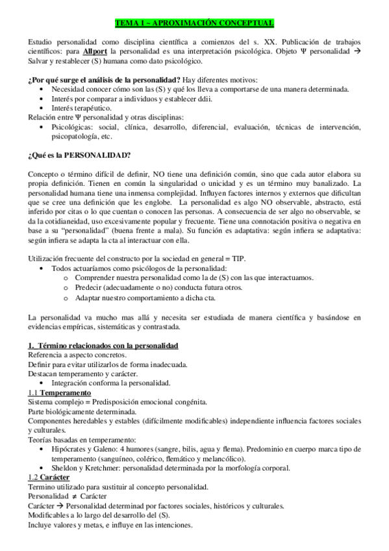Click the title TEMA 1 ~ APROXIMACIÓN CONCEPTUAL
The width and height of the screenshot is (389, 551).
pyautogui.click(x=194, y=23)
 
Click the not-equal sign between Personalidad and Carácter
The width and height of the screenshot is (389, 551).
pyautogui.click(x=75, y=496)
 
